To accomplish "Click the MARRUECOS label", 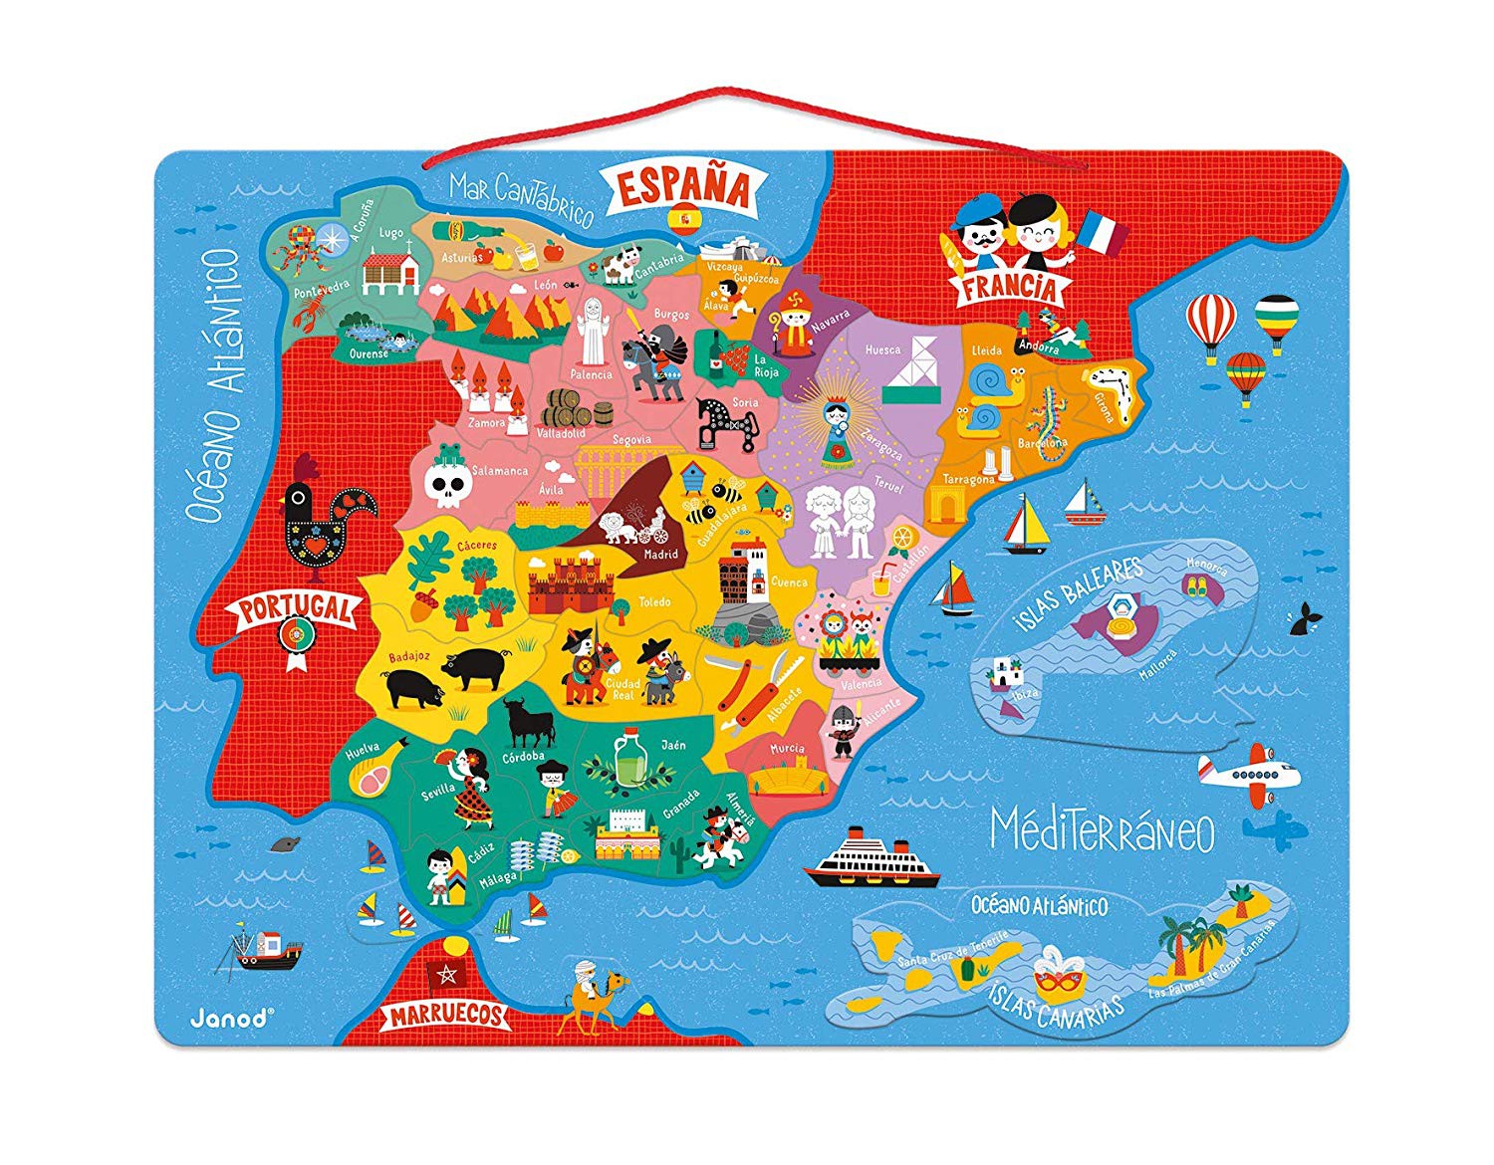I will pyautogui.click(x=447, y=1015).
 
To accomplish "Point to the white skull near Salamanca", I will pyautogui.click(x=445, y=484).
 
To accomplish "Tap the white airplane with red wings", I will pyautogui.click(x=1249, y=774).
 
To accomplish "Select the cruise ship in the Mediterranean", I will pyautogui.click(x=872, y=859).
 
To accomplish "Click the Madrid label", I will pyautogui.click(x=660, y=555).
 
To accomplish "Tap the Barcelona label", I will pyautogui.click(x=1042, y=442).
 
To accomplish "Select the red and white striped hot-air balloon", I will pyautogui.click(x=1210, y=323).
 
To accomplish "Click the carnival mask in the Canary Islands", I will pyautogui.click(x=1058, y=978).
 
